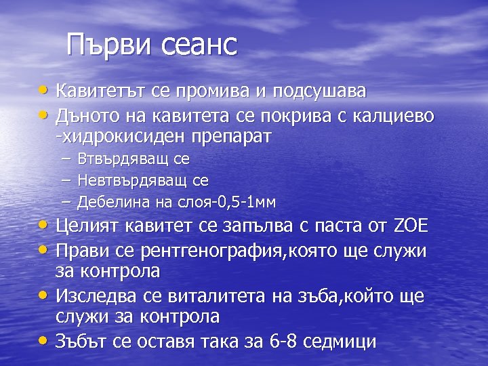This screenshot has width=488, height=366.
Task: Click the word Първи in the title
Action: [110, 45]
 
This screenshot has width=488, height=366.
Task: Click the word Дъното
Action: [89, 117]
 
